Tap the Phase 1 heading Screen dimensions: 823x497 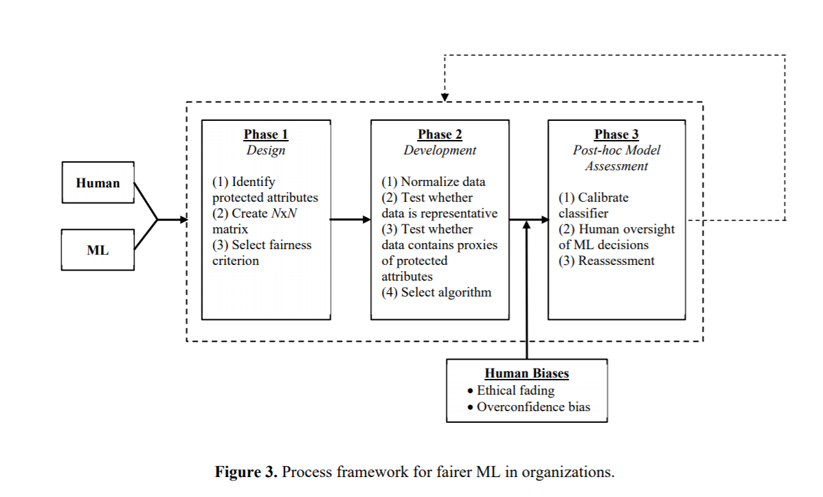[x=266, y=135]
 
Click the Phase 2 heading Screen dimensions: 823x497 [x=440, y=135]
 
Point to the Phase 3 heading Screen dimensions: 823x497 [x=616, y=135]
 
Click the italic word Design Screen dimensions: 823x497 [x=266, y=150]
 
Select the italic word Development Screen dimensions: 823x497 [x=440, y=150]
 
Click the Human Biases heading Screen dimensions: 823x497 [x=526, y=373]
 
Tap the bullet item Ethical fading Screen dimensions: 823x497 [x=510, y=391]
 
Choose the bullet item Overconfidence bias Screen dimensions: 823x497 [x=528, y=407]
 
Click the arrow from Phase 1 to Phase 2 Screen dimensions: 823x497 [x=350, y=219]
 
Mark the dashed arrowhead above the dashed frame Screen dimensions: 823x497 [x=444, y=97]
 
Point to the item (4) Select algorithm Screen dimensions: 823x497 [x=436, y=292]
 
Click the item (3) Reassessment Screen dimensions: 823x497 [x=606, y=261]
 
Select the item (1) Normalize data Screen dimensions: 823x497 [x=433, y=182]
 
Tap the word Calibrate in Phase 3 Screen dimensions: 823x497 [x=603, y=198]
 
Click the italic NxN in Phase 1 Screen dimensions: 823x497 [x=284, y=213]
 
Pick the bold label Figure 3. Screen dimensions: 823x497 [x=246, y=472]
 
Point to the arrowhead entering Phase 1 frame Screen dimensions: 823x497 [x=183, y=219]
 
